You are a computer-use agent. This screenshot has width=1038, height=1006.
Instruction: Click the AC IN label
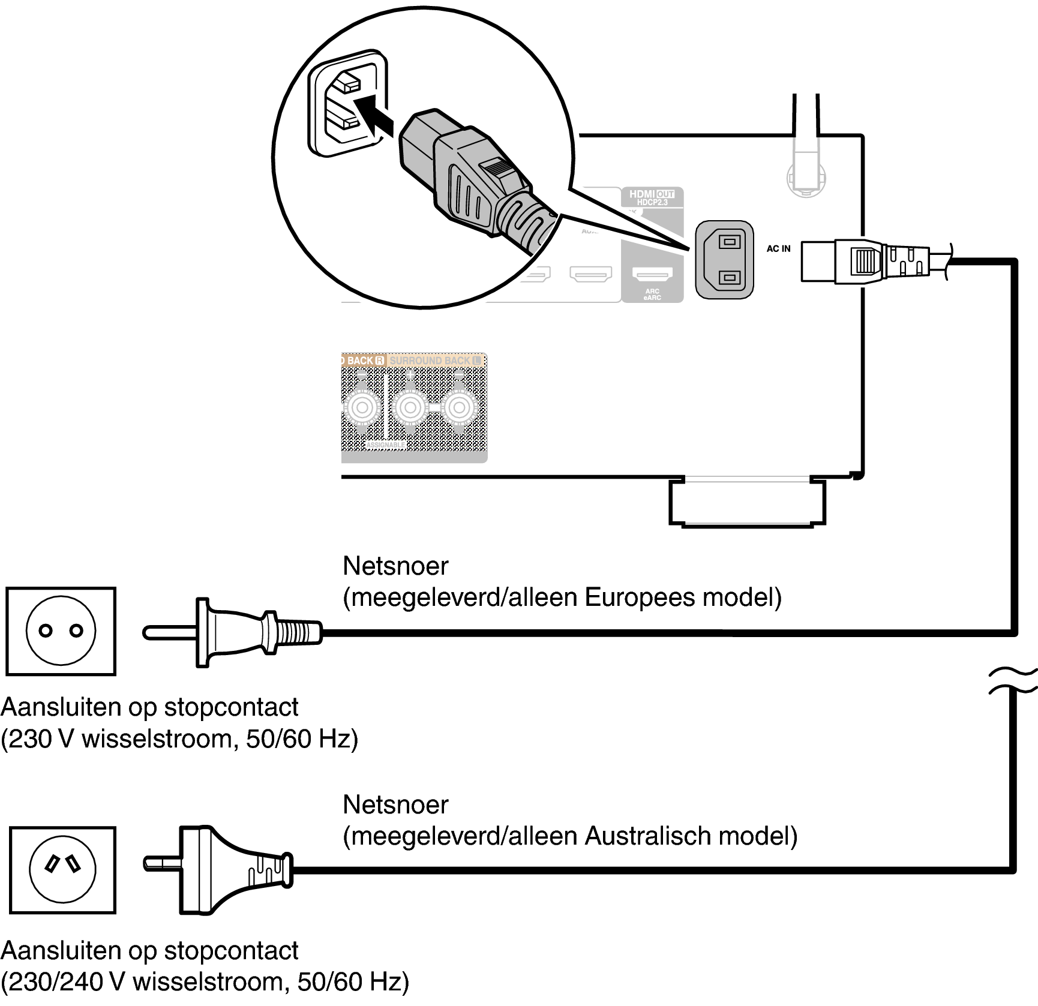tap(778, 248)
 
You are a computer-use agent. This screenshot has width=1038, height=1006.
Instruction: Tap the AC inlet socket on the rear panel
tap(724, 259)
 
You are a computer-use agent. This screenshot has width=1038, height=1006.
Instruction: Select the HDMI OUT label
tap(652, 197)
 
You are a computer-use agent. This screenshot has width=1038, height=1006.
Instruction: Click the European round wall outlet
tap(61, 630)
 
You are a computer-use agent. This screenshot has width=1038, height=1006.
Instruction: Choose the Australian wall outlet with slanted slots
tap(62, 869)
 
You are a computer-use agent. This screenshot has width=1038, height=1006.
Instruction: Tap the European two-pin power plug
tap(234, 632)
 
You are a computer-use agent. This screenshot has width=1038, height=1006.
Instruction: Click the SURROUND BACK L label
tap(434, 361)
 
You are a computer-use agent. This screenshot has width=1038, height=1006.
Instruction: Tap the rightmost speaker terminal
tap(459, 408)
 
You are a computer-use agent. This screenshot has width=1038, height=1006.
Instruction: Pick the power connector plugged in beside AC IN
tap(864, 261)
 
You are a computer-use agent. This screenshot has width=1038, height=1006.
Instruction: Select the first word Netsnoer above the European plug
tap(395, 566)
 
